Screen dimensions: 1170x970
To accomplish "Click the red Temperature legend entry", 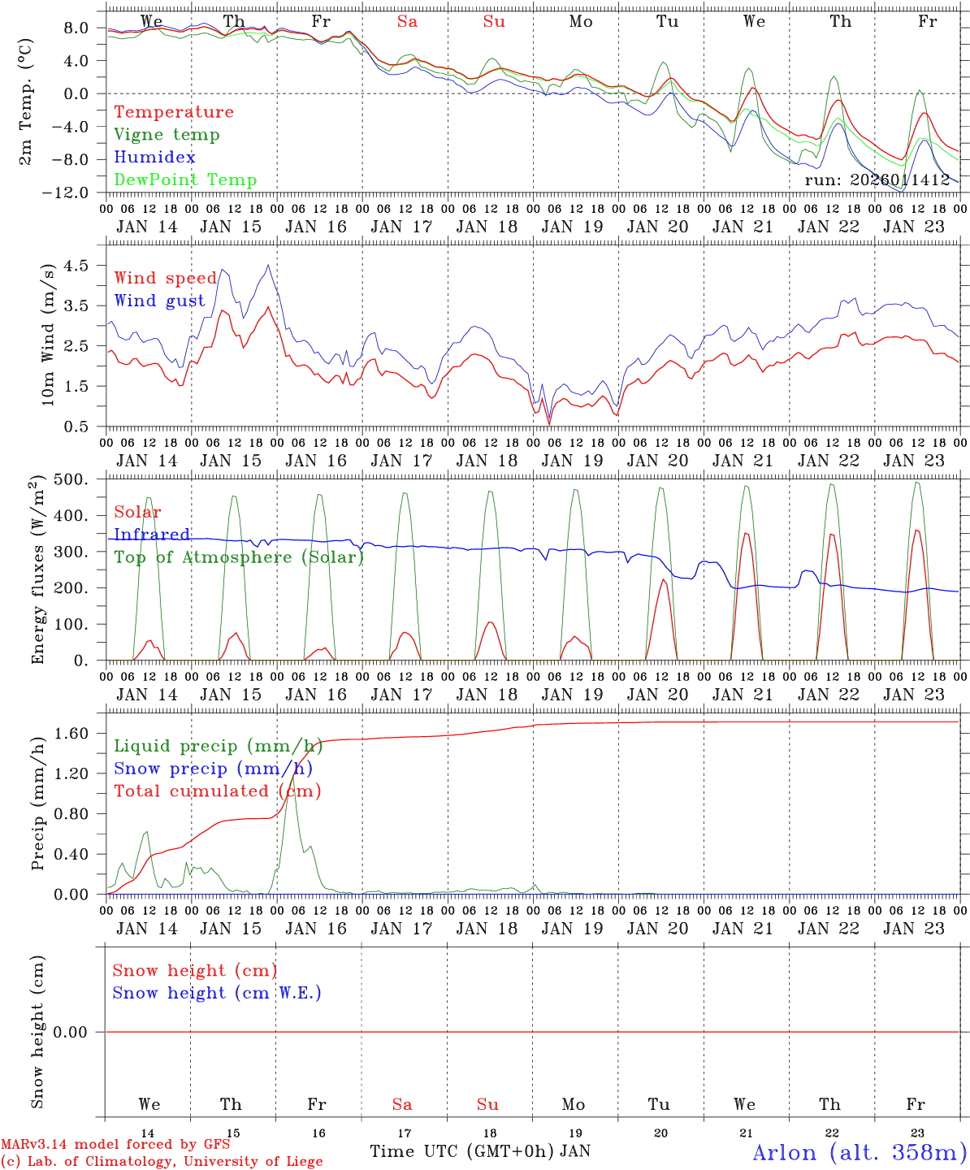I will pyautogui.click(x=173, y=112).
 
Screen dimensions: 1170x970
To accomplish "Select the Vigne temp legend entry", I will pyautogui.click(x=167, y=135).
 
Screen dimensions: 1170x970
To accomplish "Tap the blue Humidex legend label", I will pyautogui.click(x=154, y=158).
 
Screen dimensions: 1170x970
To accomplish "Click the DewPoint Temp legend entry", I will pyautogui.click(x=185, y=180).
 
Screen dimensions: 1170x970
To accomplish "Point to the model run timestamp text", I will pyautogui.click(x=877, y=180).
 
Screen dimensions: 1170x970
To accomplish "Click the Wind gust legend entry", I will pyautogui.click(x=159, y=301).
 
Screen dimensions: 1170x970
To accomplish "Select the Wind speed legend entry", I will pyautogui.click(x=165, y=279).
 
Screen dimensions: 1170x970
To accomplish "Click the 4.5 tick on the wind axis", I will pyautogui.click(x=80, y=266).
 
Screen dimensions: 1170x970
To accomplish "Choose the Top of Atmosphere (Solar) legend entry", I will pyautogui.click(x=238, y=557).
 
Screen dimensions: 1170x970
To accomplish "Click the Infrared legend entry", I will pyautogui.click(x=152, y=535).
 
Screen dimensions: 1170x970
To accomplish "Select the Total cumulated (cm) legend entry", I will pyautogui.click(x=217, y=791).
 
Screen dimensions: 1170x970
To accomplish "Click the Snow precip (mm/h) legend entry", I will pyautogui.click(x=213, y=769).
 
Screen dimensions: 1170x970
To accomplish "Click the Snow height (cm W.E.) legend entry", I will pyautogui.click(x=217, y=993).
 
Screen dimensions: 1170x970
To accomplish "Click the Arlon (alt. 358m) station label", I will pyautogui.click(x=860, y=1152).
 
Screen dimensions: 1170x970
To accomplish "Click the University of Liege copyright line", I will pyautogui.click(x=162, y=1162).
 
